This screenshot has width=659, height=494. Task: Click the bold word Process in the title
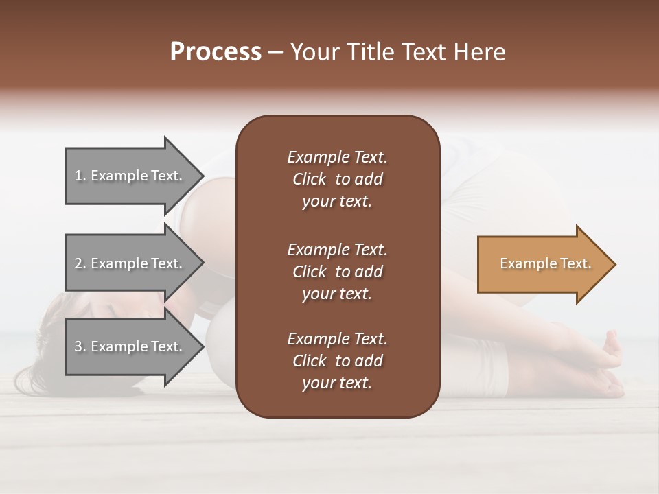216,52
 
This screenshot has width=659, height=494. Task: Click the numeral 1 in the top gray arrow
78,176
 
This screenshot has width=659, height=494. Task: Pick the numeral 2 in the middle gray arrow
78,263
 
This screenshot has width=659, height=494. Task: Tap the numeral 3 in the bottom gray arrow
78,346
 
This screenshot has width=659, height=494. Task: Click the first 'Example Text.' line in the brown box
337,157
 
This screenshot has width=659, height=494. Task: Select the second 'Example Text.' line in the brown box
337,249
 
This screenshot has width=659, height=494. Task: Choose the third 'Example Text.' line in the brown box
337,339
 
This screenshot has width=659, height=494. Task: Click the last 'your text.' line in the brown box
337,384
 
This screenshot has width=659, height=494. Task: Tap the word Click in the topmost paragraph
309,179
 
